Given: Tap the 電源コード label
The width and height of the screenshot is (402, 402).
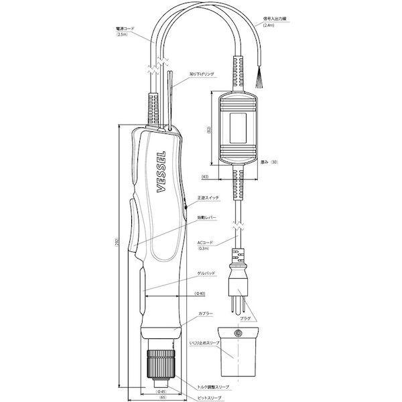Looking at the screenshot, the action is coord(126,30).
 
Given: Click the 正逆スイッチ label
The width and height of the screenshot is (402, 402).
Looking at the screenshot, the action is coord(208,198).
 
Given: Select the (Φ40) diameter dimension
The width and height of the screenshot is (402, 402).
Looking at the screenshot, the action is coord(200,294).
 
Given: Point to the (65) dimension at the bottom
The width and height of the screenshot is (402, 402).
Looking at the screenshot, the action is coord(162,397).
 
